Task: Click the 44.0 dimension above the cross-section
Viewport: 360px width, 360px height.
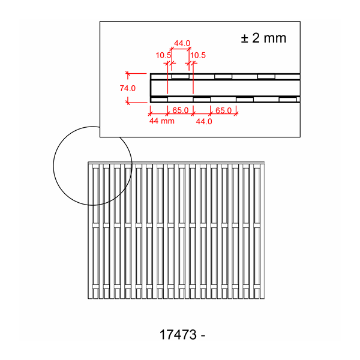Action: coord(182,43)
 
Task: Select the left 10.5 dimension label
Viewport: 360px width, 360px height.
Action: coord(163,55)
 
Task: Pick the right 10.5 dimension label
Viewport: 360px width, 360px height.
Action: coord(198,55)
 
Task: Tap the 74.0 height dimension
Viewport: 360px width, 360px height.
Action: coord(128,88)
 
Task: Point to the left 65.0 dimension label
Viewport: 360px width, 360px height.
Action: coord(181,110)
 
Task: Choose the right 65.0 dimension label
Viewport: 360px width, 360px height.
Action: coord(223,110)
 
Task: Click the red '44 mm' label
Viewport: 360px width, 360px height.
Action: coord(162,121)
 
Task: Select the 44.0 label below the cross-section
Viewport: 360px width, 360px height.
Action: coord(204,121)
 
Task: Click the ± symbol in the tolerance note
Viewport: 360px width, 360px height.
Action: coord(245,38)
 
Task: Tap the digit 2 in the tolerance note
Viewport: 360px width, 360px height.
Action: coord(256,38)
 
